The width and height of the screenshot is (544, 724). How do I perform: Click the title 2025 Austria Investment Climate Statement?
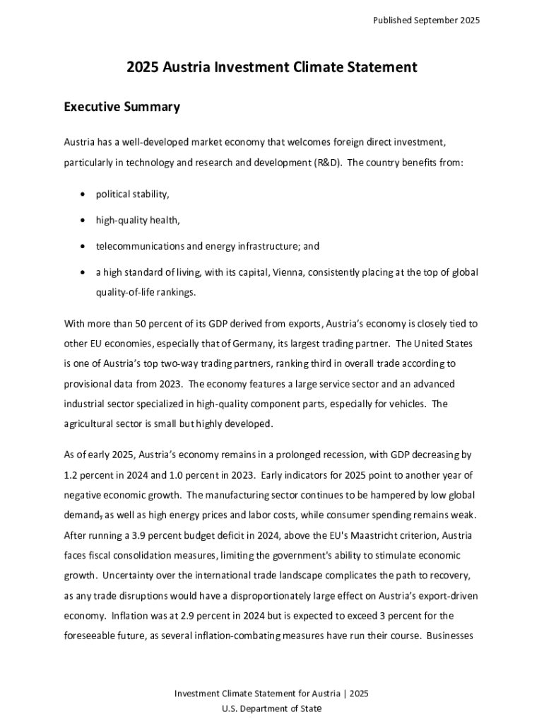[272, 67]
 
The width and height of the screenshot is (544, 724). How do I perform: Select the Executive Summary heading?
[122, 107]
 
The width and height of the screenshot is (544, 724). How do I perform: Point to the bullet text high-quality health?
[138, 220]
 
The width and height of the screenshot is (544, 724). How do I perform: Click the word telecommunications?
[140, 246]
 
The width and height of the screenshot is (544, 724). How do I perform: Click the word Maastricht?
[376, 534]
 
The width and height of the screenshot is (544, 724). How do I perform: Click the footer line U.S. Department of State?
[272, 708]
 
